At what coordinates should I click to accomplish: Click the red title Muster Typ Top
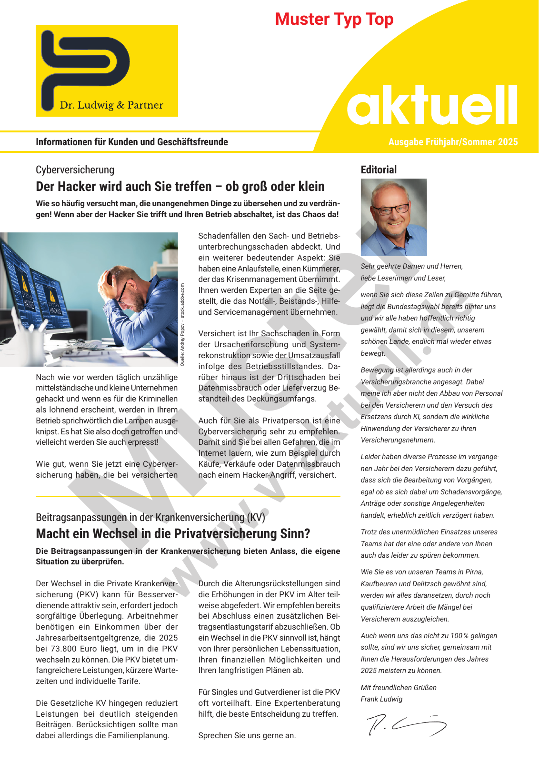[334, 20]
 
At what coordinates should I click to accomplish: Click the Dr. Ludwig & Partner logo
[107, 71]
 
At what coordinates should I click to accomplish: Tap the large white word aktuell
[432, 106]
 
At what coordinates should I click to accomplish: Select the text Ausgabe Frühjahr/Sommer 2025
[453, 142]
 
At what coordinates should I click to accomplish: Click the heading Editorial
[379, 170]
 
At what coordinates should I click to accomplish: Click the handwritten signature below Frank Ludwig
[406, 724]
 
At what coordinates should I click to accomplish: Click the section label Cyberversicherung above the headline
[75, 170]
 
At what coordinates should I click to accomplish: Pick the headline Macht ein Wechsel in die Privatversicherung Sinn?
[173, 534]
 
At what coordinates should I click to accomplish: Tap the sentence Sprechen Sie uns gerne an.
[247, 735]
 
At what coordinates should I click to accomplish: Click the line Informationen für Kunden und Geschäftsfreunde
[132, 142]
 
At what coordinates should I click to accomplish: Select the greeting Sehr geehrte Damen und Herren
[411, 266]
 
